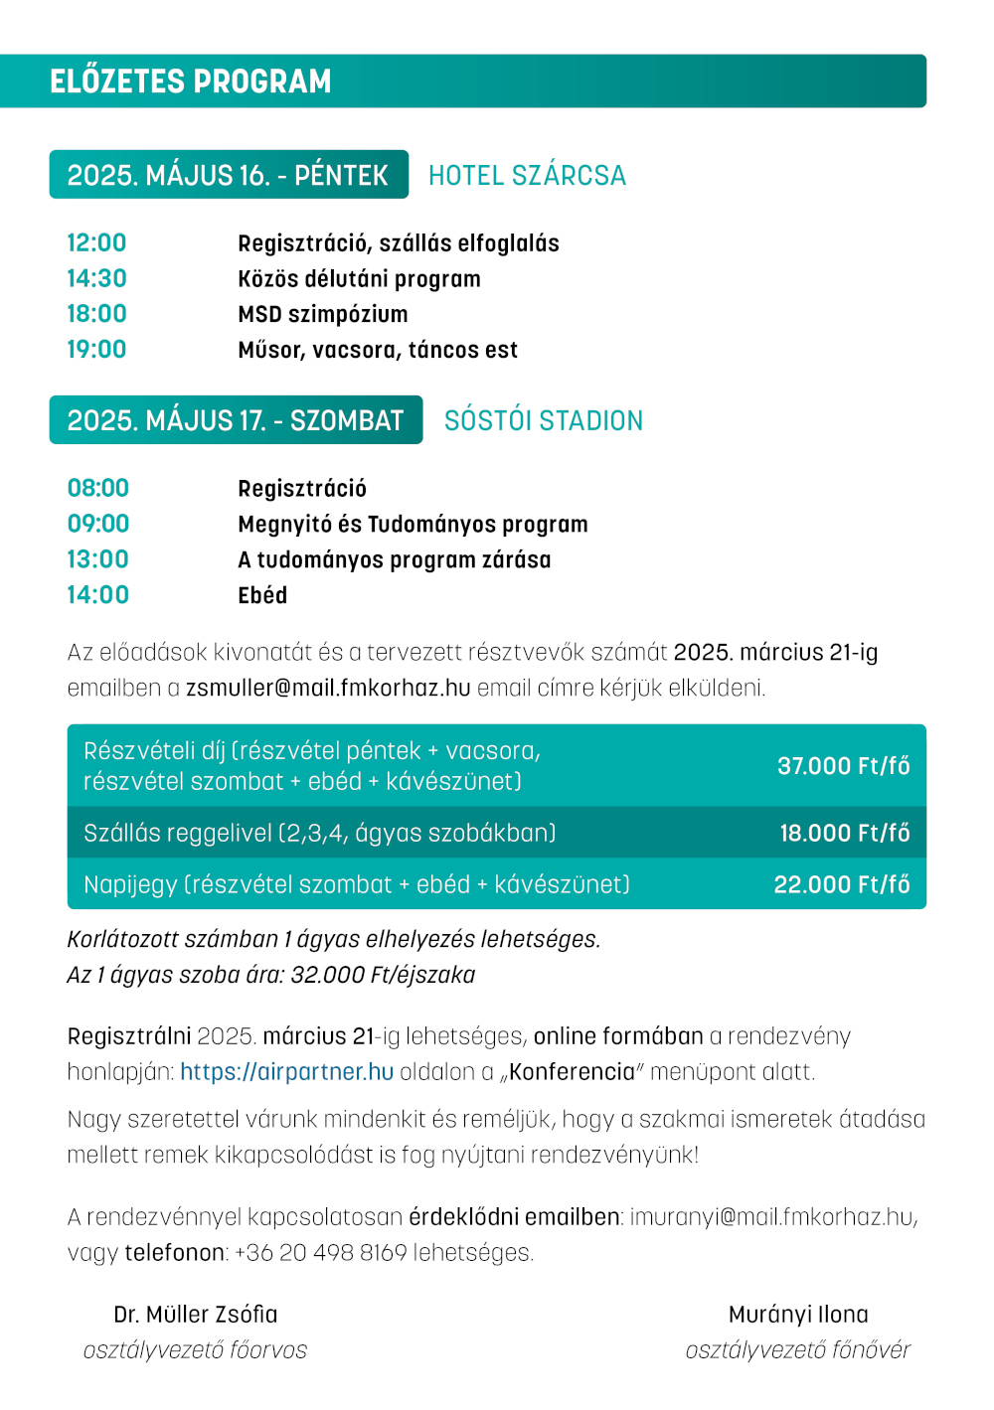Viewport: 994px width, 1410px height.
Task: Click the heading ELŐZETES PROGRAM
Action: (x=191, y=81)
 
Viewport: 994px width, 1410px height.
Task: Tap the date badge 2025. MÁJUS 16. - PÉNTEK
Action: (x=228, y=175)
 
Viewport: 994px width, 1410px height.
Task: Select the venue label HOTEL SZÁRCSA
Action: (x=527, y=176)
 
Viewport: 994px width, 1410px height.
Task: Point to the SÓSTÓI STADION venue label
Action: (x=544, y=421)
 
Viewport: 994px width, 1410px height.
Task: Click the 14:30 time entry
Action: (x=97, y=279)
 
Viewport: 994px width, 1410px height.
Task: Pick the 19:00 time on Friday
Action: (x=97, y=350)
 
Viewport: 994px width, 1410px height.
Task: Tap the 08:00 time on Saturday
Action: (x=98, y=489)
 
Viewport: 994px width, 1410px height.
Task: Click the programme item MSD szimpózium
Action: (x=323, y=315)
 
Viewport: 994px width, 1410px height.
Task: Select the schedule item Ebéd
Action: (x=262, y=596)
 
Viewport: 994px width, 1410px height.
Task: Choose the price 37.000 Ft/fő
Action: (x=843, y=766)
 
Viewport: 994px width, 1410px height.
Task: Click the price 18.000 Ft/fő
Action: (x=844, y=833)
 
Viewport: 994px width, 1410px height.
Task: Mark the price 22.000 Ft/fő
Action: (x=842, y=884)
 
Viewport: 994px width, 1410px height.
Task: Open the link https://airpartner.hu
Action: (x=287, y=1072)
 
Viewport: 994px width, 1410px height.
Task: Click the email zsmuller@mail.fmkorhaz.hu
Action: (x=328, y=688)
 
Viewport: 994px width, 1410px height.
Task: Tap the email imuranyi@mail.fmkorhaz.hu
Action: (x=772, y=1217)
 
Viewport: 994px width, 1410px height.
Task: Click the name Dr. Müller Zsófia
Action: (x=196, y=1315)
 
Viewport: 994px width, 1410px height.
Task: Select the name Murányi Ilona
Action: (x=798, y=1315)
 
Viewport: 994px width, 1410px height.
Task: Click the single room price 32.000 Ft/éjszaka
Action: (x=383, y=975)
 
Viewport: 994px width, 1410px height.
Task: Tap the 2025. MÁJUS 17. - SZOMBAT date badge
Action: (x=236, y=420)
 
